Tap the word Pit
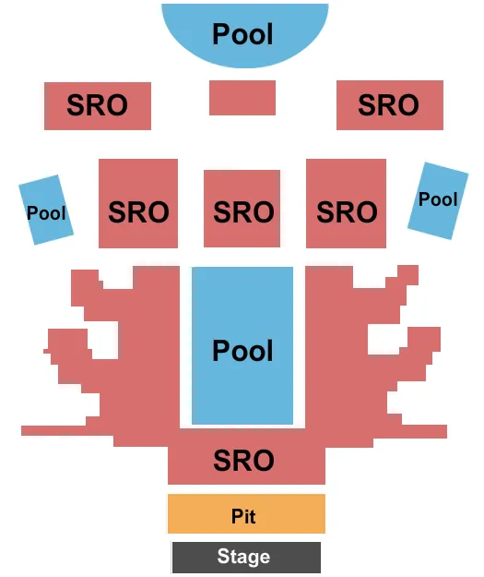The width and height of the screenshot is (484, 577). coord(243,517)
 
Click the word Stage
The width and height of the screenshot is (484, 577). coord(243,557)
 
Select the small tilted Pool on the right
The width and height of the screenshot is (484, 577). coord(438,200)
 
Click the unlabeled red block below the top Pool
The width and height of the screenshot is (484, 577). coord(242,98)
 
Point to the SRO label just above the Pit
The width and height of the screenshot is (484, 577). coord(243,459)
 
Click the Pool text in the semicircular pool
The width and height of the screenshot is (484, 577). coord(243,34)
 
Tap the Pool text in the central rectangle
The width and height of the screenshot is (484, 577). coord(243,351)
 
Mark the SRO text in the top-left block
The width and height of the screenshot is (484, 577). coord(97,105)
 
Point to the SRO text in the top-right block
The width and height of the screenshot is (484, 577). coord(388,105)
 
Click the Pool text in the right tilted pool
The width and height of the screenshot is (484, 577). coord(438,198)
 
